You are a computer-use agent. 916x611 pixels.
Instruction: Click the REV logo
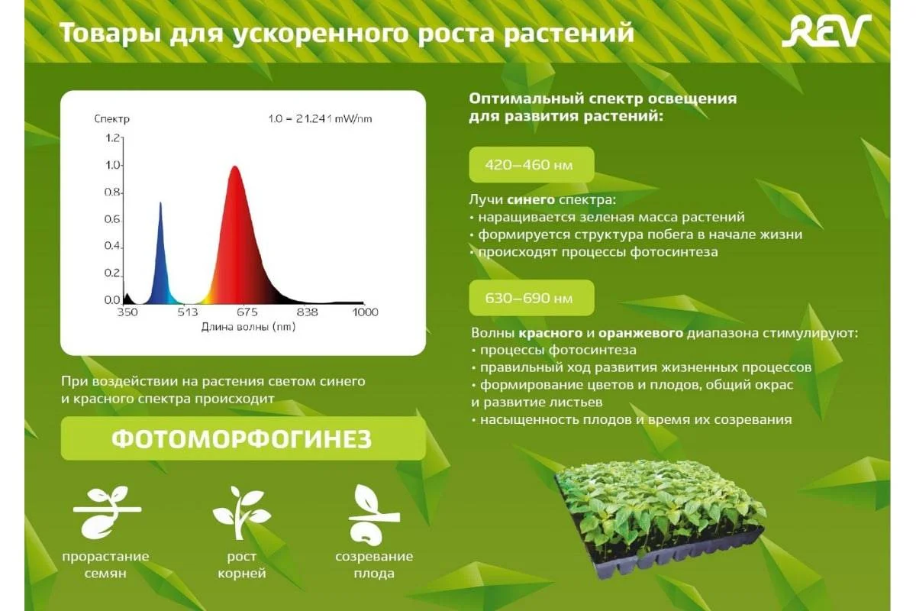tap(827, 31)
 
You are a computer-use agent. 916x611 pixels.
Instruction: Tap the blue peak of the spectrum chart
tap(160, 203)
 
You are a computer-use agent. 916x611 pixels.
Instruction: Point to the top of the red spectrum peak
tap(234, 166)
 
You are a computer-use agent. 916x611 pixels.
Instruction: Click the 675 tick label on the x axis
tap(247, 312)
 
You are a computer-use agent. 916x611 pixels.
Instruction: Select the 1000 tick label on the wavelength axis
tap(365, 312)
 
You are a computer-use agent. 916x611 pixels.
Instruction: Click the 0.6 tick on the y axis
tap(112, 219)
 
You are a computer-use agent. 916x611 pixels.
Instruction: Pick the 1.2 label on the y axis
tap(112, 138)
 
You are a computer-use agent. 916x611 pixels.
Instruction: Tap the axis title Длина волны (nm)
tap(248, 327)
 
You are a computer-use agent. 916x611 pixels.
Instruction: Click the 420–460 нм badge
tap(531, 164)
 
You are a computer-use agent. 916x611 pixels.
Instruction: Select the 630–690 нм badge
tap(531, 298)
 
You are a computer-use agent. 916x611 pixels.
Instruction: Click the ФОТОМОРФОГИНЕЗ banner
tap(243, 438)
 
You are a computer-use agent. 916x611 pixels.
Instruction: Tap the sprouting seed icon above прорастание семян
tap(107, 512)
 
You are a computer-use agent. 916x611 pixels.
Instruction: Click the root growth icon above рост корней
tap(241, 512)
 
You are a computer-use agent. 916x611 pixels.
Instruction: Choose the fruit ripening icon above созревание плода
tap(373, 515)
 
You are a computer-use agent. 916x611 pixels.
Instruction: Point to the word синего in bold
tap(531, 199)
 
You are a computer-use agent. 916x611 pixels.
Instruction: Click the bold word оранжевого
tap(640, 333)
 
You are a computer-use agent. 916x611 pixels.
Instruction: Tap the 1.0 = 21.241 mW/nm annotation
tap(320, 119)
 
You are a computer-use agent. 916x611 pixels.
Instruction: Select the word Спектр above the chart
tap(111, 119)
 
